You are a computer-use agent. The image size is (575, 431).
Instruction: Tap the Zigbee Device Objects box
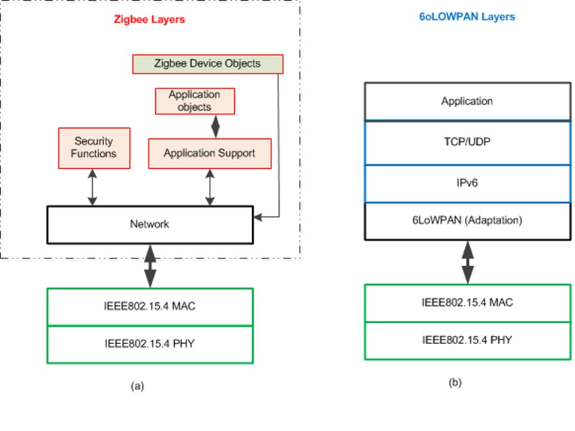point(207,63)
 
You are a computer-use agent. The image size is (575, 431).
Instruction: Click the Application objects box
point(194,101)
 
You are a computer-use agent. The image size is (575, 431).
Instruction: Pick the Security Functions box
point(94,148)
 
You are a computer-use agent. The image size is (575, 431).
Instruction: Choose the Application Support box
point(210,153)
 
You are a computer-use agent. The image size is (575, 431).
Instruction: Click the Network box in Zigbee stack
point(150,224)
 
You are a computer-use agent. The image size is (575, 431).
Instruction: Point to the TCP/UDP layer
point(467,144)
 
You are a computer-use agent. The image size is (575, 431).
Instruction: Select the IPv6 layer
point(467,184)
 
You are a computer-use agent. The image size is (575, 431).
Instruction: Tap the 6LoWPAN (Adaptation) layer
point(467,221)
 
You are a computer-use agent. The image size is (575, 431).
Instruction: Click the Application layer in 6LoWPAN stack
point(467,101)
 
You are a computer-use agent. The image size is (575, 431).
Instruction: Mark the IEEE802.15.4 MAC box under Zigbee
point(150,306)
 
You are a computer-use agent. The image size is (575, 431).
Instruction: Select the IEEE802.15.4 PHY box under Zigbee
point(150,344)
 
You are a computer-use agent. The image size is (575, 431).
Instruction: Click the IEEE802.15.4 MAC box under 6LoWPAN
point(467,303)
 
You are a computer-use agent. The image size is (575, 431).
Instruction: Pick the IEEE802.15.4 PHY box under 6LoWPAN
point(467,341)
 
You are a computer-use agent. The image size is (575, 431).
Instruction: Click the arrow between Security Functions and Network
point(92,187)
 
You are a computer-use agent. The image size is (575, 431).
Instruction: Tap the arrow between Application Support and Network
point(210,187)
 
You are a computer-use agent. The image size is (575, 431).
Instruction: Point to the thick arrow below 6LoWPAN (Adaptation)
point(467,262)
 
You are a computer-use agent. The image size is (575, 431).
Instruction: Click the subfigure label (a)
point(137,387)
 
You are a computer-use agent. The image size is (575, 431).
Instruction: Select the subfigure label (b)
point(455,383)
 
